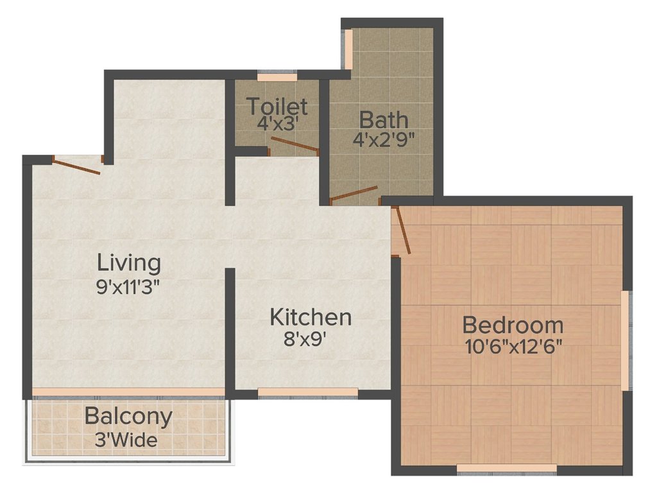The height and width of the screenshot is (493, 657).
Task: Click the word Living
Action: (128, 263)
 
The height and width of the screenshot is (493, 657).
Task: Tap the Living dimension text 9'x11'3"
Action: (128, 285)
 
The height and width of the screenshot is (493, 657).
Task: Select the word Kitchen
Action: (311, 317)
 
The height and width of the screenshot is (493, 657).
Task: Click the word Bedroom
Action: (513, 325)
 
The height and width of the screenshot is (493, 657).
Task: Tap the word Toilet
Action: (277, 105)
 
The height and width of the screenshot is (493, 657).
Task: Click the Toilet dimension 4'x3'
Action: (277, 122)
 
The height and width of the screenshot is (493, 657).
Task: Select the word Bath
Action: (383, 119)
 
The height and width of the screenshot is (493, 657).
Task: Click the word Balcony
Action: (128, 417)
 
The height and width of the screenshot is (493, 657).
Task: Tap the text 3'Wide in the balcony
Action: (129, 440)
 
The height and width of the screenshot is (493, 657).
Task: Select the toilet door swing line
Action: (294, 144)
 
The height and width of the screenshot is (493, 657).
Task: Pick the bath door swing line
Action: (354, 193)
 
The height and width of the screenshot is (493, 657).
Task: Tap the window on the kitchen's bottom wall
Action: (307, 392)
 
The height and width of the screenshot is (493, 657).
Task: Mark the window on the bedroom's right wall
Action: (624, 340)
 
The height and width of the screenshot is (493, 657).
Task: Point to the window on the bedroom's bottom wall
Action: (506, 468)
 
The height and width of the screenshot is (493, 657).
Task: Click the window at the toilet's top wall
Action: (277, 78)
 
